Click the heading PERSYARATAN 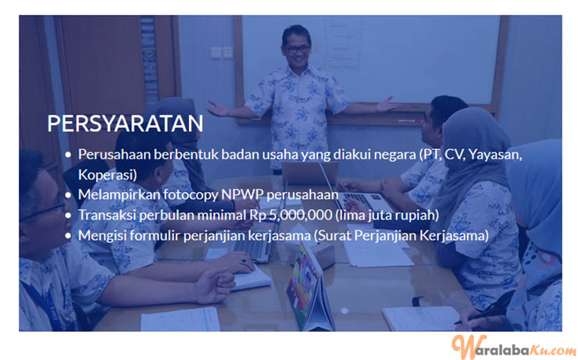tap(125, 123)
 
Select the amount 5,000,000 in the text tap(301, 215)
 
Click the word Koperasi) tap(108, 175)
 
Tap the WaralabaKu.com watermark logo tap(513, 347)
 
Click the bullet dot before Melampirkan tap(68, 195)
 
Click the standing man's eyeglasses tap(297, 48)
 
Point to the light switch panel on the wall tap(222, 52)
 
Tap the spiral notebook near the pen tap(421, 319)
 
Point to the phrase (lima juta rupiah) tap(387, 215)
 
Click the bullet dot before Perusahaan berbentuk tap(68, 155)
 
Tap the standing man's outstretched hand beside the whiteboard tap(387, 105)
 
